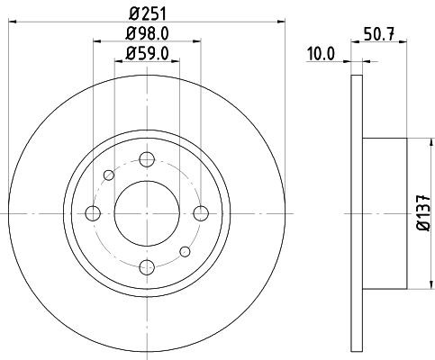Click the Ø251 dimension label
pos(144,13)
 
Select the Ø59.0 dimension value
pos(146,53)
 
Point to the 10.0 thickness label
pos(321,54)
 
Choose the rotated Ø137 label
pos(423,213)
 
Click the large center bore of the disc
pos(145,213)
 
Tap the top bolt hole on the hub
pos(145,161)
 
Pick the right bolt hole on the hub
pos(197,213)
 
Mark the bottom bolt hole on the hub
pos(145,265)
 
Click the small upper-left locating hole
pos(108,175)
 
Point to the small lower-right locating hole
pos(183,251)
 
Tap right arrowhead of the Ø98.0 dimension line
pos(194,40)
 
